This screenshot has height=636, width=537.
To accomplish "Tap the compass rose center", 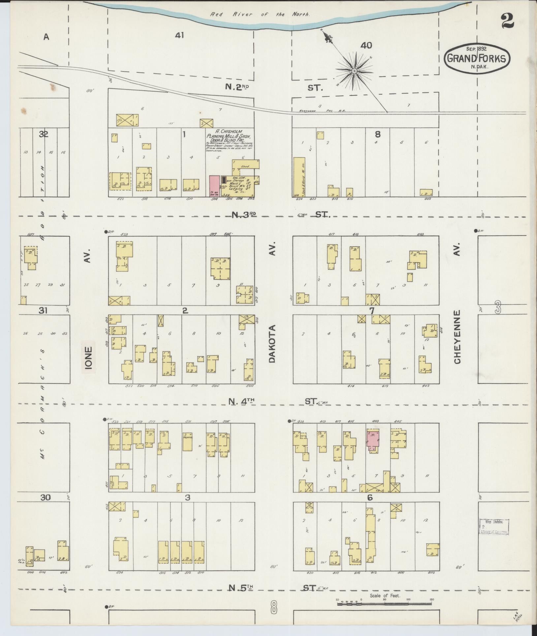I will [x=354, y=71].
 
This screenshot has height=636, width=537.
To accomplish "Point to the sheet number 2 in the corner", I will [x=507, y=21].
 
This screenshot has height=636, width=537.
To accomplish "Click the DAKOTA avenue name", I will [x=272, y=344].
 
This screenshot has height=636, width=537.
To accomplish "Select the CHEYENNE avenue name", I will [x=457, y=337].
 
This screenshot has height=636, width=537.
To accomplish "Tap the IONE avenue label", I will [x=89, y=357].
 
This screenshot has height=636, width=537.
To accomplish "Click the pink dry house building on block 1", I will [x=215, y=186].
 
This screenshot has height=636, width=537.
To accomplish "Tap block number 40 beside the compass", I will [x=366, y=46].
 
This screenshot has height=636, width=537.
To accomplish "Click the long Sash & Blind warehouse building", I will [x=299, y=177].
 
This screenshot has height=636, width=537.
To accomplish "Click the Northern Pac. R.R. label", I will [x=322, y=111].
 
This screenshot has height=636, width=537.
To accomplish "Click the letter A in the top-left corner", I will [x=46, y=37].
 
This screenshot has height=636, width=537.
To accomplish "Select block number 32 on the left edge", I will [x=44, y=134].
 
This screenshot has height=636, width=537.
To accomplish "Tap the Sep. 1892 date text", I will [x=477, y=49].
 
